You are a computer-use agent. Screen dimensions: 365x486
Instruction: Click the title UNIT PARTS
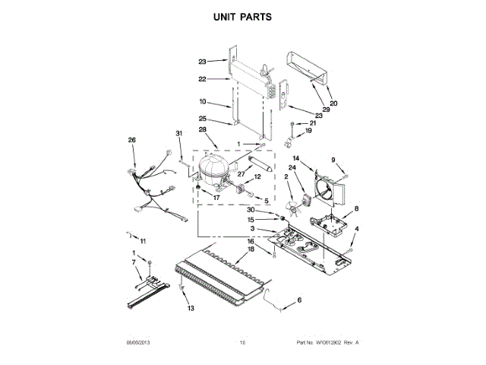[243, 15]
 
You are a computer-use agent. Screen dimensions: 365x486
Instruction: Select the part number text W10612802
[321, 344]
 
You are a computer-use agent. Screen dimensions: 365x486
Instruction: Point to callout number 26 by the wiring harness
[131, 140]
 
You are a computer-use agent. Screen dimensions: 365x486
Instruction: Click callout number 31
[180, 135]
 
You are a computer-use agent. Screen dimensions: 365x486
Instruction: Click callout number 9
[332, 160]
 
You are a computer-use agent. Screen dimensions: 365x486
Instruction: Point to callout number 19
[308, 132]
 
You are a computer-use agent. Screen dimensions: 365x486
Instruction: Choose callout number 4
[358, 229]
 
